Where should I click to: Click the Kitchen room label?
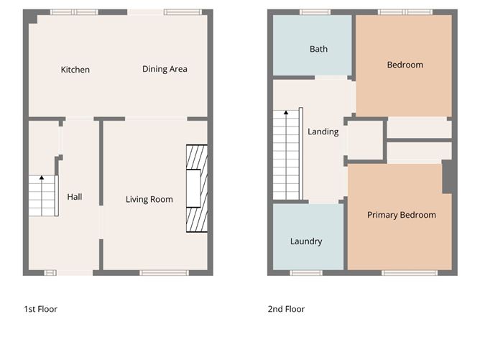click(x=75, y=70)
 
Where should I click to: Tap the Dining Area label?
click(x=165, y=69)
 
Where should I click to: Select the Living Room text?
click(x=149, y=199)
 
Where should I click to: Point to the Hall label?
click(x=75, y=196)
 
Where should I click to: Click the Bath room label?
click(x=318, y=49)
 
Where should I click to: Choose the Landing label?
click(x=323, y=131)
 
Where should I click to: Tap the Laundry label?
click(x=306, y=241)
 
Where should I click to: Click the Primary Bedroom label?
click(x=401, y=215)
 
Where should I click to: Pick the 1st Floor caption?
click(x=40, y=309)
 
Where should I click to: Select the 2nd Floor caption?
click(x=286, y=309)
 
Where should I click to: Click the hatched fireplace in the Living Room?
click(x=196, y=187)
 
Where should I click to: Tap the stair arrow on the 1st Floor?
click(x=42, y=177)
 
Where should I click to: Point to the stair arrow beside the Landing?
click(x=286, y=113)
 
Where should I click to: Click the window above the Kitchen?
click(x=74, y=12)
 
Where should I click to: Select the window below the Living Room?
click(x=164, y=272)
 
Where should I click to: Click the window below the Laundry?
click(x=305, y=272)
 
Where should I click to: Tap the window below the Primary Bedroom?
click(x=410, y=272)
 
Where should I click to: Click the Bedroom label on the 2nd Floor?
click(x=405, y=65)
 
